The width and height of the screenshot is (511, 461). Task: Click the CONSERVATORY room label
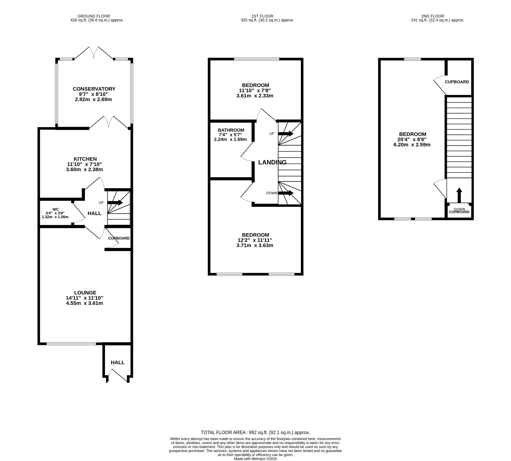point(94,89)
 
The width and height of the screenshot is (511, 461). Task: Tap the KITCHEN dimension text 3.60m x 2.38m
point(84,169)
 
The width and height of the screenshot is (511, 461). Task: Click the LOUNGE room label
point(85,293)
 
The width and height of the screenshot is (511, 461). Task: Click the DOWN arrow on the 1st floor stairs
point(286,193)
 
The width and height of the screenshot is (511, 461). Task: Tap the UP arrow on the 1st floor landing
point(286,134)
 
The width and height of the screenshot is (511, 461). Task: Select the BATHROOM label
point(231,130)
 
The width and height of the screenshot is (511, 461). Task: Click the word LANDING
point(272,162)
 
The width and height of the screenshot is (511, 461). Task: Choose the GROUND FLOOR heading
point(94,16)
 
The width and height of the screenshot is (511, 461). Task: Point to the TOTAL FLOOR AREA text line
point(255,433)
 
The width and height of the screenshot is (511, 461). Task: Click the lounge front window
point(71,344)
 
